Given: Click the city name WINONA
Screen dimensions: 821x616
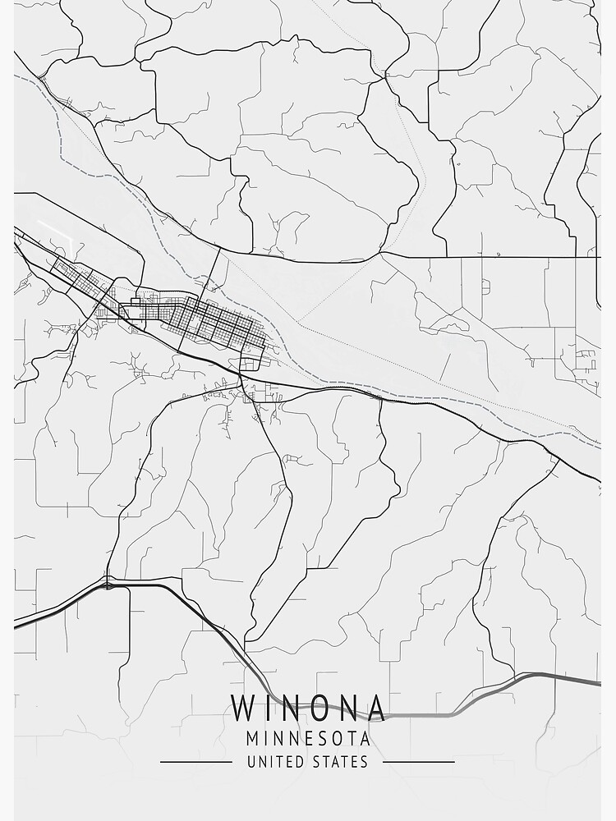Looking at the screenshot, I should [x=308, y=708].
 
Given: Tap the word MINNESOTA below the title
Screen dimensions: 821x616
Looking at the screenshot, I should [x=308, y=740].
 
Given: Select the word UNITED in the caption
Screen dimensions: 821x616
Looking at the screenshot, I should [x=276, y=762].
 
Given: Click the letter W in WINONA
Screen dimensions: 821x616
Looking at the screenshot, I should [x=243, y=708].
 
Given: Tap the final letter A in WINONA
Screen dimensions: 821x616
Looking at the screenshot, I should [x=375, y=708].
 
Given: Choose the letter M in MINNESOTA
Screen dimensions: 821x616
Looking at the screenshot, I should [x=252, y=740].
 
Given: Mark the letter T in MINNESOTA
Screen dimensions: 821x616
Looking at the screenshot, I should [x=347, y=740].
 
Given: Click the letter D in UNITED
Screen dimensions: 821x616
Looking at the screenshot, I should [x=301, y=762].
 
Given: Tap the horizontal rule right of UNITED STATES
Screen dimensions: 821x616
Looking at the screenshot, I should [x=419, y=762].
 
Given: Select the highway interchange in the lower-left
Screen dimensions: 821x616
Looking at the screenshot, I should [x=108, y=584].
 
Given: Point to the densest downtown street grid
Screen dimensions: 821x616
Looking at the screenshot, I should [x=218, y=322].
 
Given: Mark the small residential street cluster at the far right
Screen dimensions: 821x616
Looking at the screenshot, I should [x=586, y=359].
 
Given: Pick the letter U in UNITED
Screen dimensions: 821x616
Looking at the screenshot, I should [x=251, y=762].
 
